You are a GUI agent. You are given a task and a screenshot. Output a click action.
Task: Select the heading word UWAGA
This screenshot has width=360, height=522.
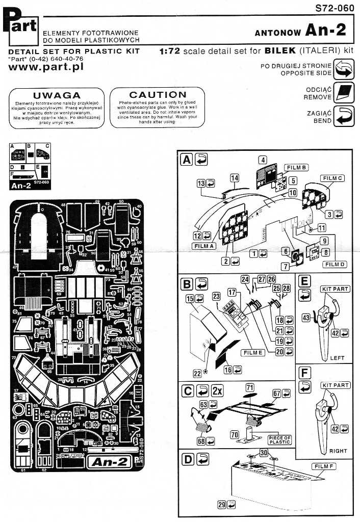point(64,95)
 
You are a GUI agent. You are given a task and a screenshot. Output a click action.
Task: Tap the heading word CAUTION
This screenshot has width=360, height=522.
point(158,95)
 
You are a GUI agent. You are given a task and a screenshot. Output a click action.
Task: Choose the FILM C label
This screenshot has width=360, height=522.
point(333,178)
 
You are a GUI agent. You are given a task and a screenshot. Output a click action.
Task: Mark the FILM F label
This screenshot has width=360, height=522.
point(324,466)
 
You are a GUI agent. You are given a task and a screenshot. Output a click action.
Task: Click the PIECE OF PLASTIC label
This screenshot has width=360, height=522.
point(279,440)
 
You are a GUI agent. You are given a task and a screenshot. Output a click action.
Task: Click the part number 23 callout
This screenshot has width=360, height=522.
point(216,295)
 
